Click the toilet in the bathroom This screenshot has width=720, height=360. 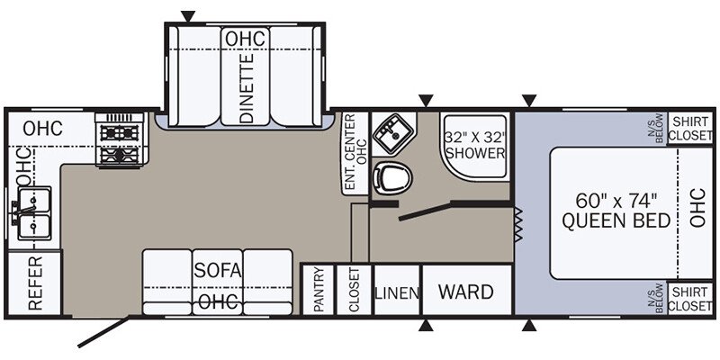392,177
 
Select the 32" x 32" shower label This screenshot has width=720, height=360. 475,145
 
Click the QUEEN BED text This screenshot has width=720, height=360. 616,221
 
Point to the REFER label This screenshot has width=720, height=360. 35,283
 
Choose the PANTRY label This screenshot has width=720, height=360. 319,290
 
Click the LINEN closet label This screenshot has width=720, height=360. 397,293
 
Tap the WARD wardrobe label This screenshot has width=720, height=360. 465,292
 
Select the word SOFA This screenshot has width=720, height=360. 218,271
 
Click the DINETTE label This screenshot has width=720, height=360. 247,88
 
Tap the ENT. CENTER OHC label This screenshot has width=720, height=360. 355,152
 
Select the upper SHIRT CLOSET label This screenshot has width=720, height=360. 689,129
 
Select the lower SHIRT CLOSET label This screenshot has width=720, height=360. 689,299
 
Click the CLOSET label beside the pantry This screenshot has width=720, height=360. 355,290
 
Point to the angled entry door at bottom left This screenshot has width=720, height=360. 103,331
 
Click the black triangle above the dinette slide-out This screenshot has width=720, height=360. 188,16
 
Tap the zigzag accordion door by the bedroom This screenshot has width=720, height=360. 519,224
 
